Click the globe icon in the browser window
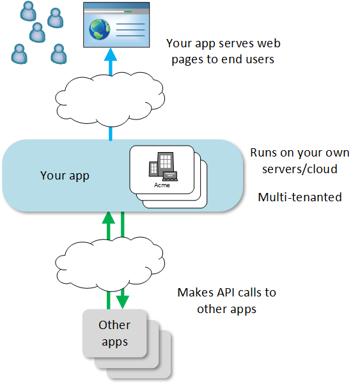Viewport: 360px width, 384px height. coord(99,29)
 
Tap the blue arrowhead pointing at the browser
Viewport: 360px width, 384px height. coord(111,54)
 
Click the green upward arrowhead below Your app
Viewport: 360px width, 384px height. coord(109,217)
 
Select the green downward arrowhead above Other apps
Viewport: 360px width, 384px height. coord(123,302)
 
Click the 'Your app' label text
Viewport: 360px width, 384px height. coord(65,176)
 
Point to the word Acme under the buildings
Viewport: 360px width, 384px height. coord(162,185)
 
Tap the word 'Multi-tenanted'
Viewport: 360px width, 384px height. coord(300,197)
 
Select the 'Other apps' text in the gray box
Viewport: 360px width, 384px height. coord(114,334)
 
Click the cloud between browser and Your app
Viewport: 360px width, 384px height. coord(110,99)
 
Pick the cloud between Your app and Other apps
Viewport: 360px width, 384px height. coord(110,264)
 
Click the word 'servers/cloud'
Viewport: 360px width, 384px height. coord(300,169)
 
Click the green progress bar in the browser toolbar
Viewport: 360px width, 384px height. coord(128,12)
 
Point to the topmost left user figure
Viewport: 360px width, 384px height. coord(28,11)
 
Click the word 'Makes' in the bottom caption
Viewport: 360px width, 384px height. coord(196,293)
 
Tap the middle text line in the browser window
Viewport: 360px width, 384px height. coord(130,30)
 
